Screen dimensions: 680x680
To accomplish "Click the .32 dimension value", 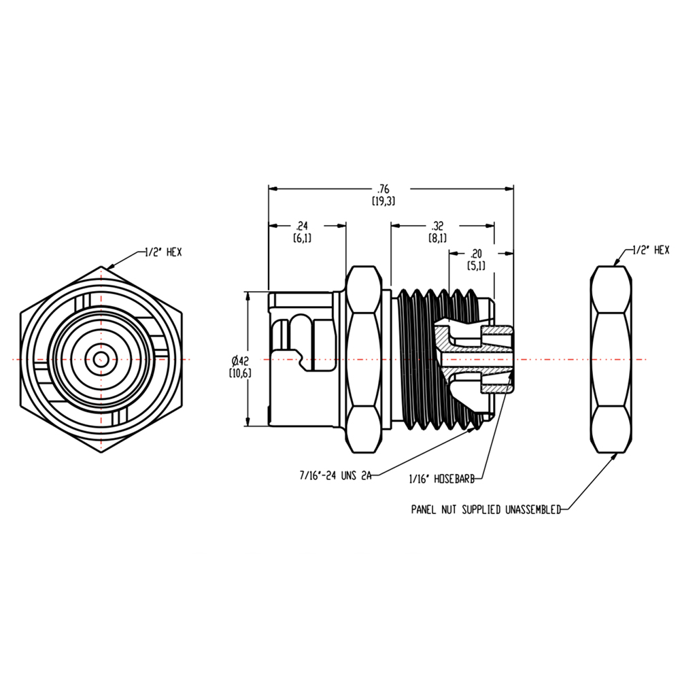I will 437,226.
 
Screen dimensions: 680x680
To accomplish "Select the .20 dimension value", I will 476,252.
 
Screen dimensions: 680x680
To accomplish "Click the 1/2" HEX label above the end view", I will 163,252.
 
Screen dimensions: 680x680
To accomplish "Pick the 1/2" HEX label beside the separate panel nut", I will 651,250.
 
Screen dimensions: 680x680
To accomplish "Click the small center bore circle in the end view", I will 101,360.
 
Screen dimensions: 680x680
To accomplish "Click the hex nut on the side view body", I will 366,359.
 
